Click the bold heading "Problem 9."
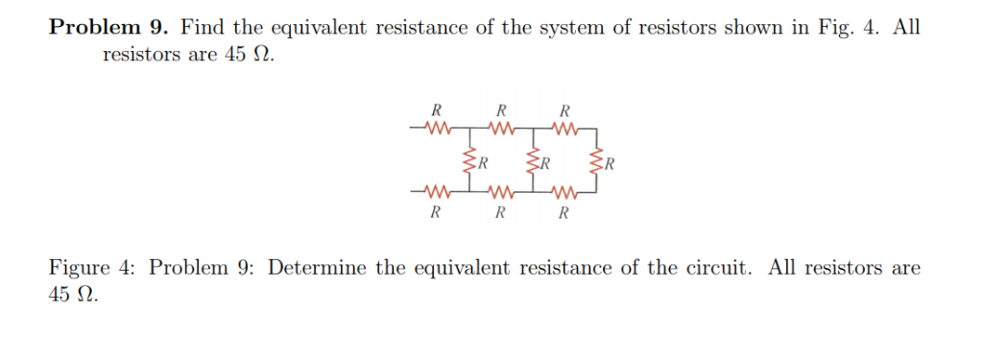108,27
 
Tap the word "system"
570,27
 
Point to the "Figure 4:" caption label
91,267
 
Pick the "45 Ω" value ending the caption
73,295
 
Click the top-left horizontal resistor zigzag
436,127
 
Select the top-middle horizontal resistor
500,127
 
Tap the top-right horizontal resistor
564,127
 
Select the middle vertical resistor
533,159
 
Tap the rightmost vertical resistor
598,159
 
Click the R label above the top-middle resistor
501,109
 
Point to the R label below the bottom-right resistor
564,212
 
